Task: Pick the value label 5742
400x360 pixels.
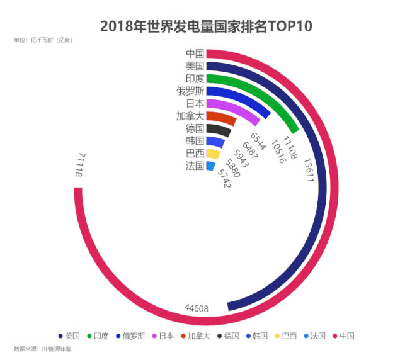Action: click(x=224, y=179)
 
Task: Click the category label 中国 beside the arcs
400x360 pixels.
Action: click(x=195, y=53)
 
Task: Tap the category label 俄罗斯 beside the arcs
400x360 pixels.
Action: click(x=190, y=91)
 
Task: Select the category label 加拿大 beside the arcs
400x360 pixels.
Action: click(x=190, y=116)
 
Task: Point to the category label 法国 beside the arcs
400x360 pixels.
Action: click(x=195, y=166)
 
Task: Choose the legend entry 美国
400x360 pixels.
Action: click(x=69, y=336)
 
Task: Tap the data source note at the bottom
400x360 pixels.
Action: click(x=42, y=349)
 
